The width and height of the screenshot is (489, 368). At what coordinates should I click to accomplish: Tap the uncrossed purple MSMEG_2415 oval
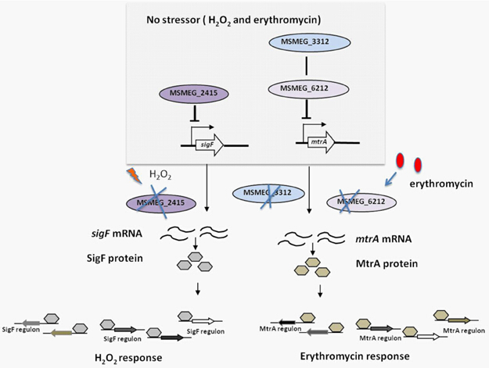pos(193,93)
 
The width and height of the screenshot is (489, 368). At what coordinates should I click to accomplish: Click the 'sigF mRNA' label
pos(126,233)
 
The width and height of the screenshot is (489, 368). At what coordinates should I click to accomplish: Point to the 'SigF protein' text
pos(121,258)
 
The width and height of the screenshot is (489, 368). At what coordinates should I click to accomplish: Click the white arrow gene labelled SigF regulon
pos(205,320)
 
